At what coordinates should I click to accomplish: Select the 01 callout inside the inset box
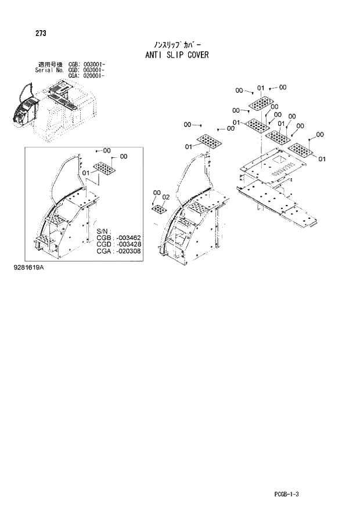(x=86, y=172)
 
